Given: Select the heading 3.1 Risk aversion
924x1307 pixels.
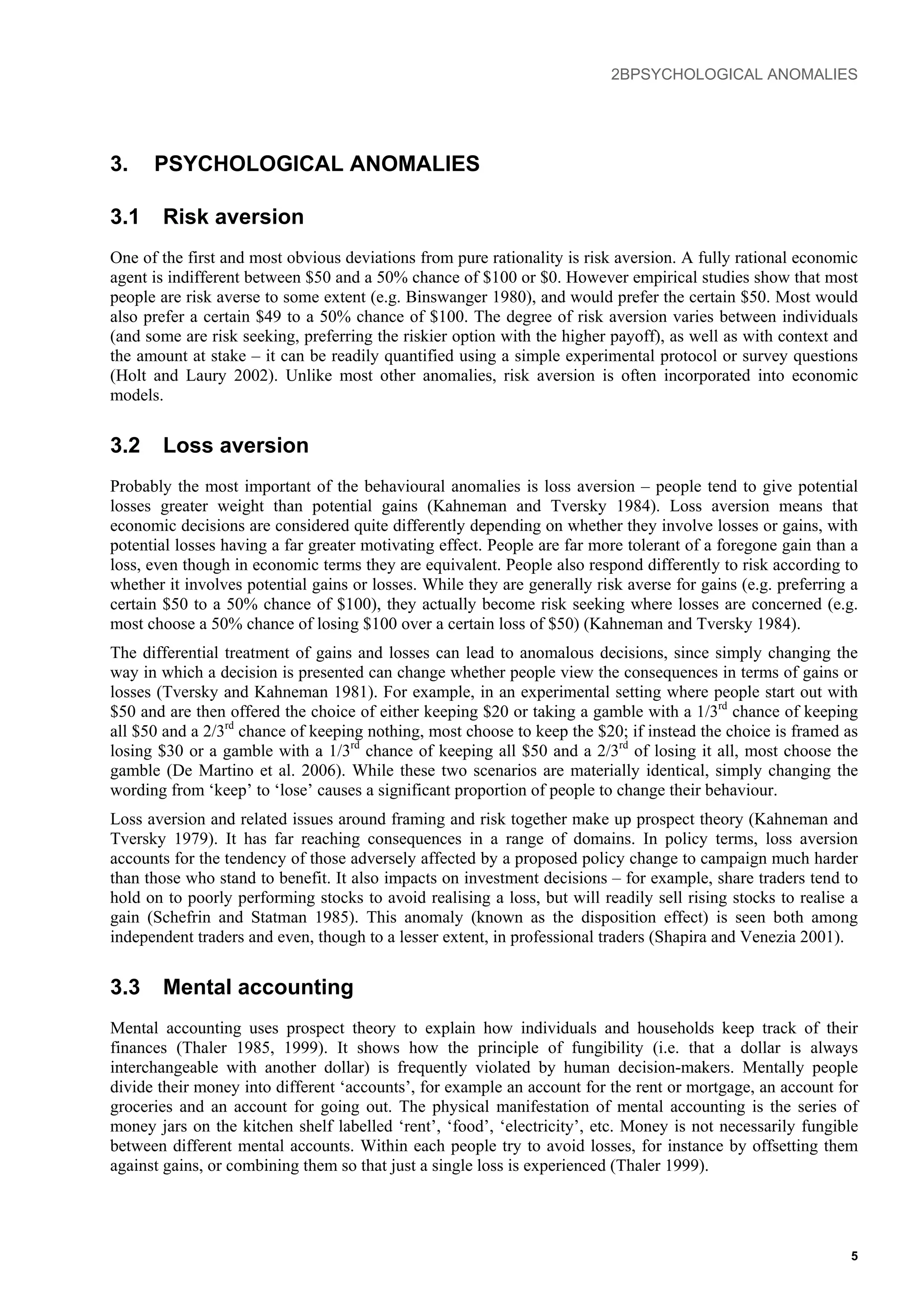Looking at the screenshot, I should [x=207, y=217].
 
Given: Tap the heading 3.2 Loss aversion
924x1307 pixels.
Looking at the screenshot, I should [x=209, y=445].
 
